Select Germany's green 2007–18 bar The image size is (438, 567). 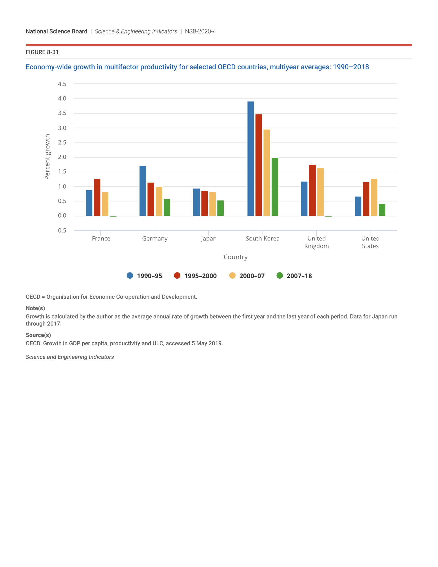(x=167, y=207)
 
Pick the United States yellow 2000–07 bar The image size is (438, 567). (x=374, y=197)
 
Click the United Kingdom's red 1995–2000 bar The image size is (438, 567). (x=312, y=190)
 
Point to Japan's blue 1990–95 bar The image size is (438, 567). (x=196, y=202)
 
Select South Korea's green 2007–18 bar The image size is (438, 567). (x=275, y=187)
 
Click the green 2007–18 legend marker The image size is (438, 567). (x=280, y=276)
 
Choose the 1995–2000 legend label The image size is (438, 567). (x=200, y=276)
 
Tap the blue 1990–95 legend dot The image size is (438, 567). (x=130, y=276)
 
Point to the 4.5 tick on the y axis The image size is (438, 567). (x=62, y=84)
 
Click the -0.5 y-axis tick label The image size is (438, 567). (x=61, y=231)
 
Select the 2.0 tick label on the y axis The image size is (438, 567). (x=62, y=157)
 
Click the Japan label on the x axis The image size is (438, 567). (x=209, y=239)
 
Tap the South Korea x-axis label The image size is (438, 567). (x=263, y=239)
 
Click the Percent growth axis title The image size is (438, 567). (x=47, y=157)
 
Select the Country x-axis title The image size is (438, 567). (x=235, y=257)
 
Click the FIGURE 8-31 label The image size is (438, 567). (x=42, y=52)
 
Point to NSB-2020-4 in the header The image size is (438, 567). (x=200, y=31)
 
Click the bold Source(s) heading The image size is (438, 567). (x=38, y=335)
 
